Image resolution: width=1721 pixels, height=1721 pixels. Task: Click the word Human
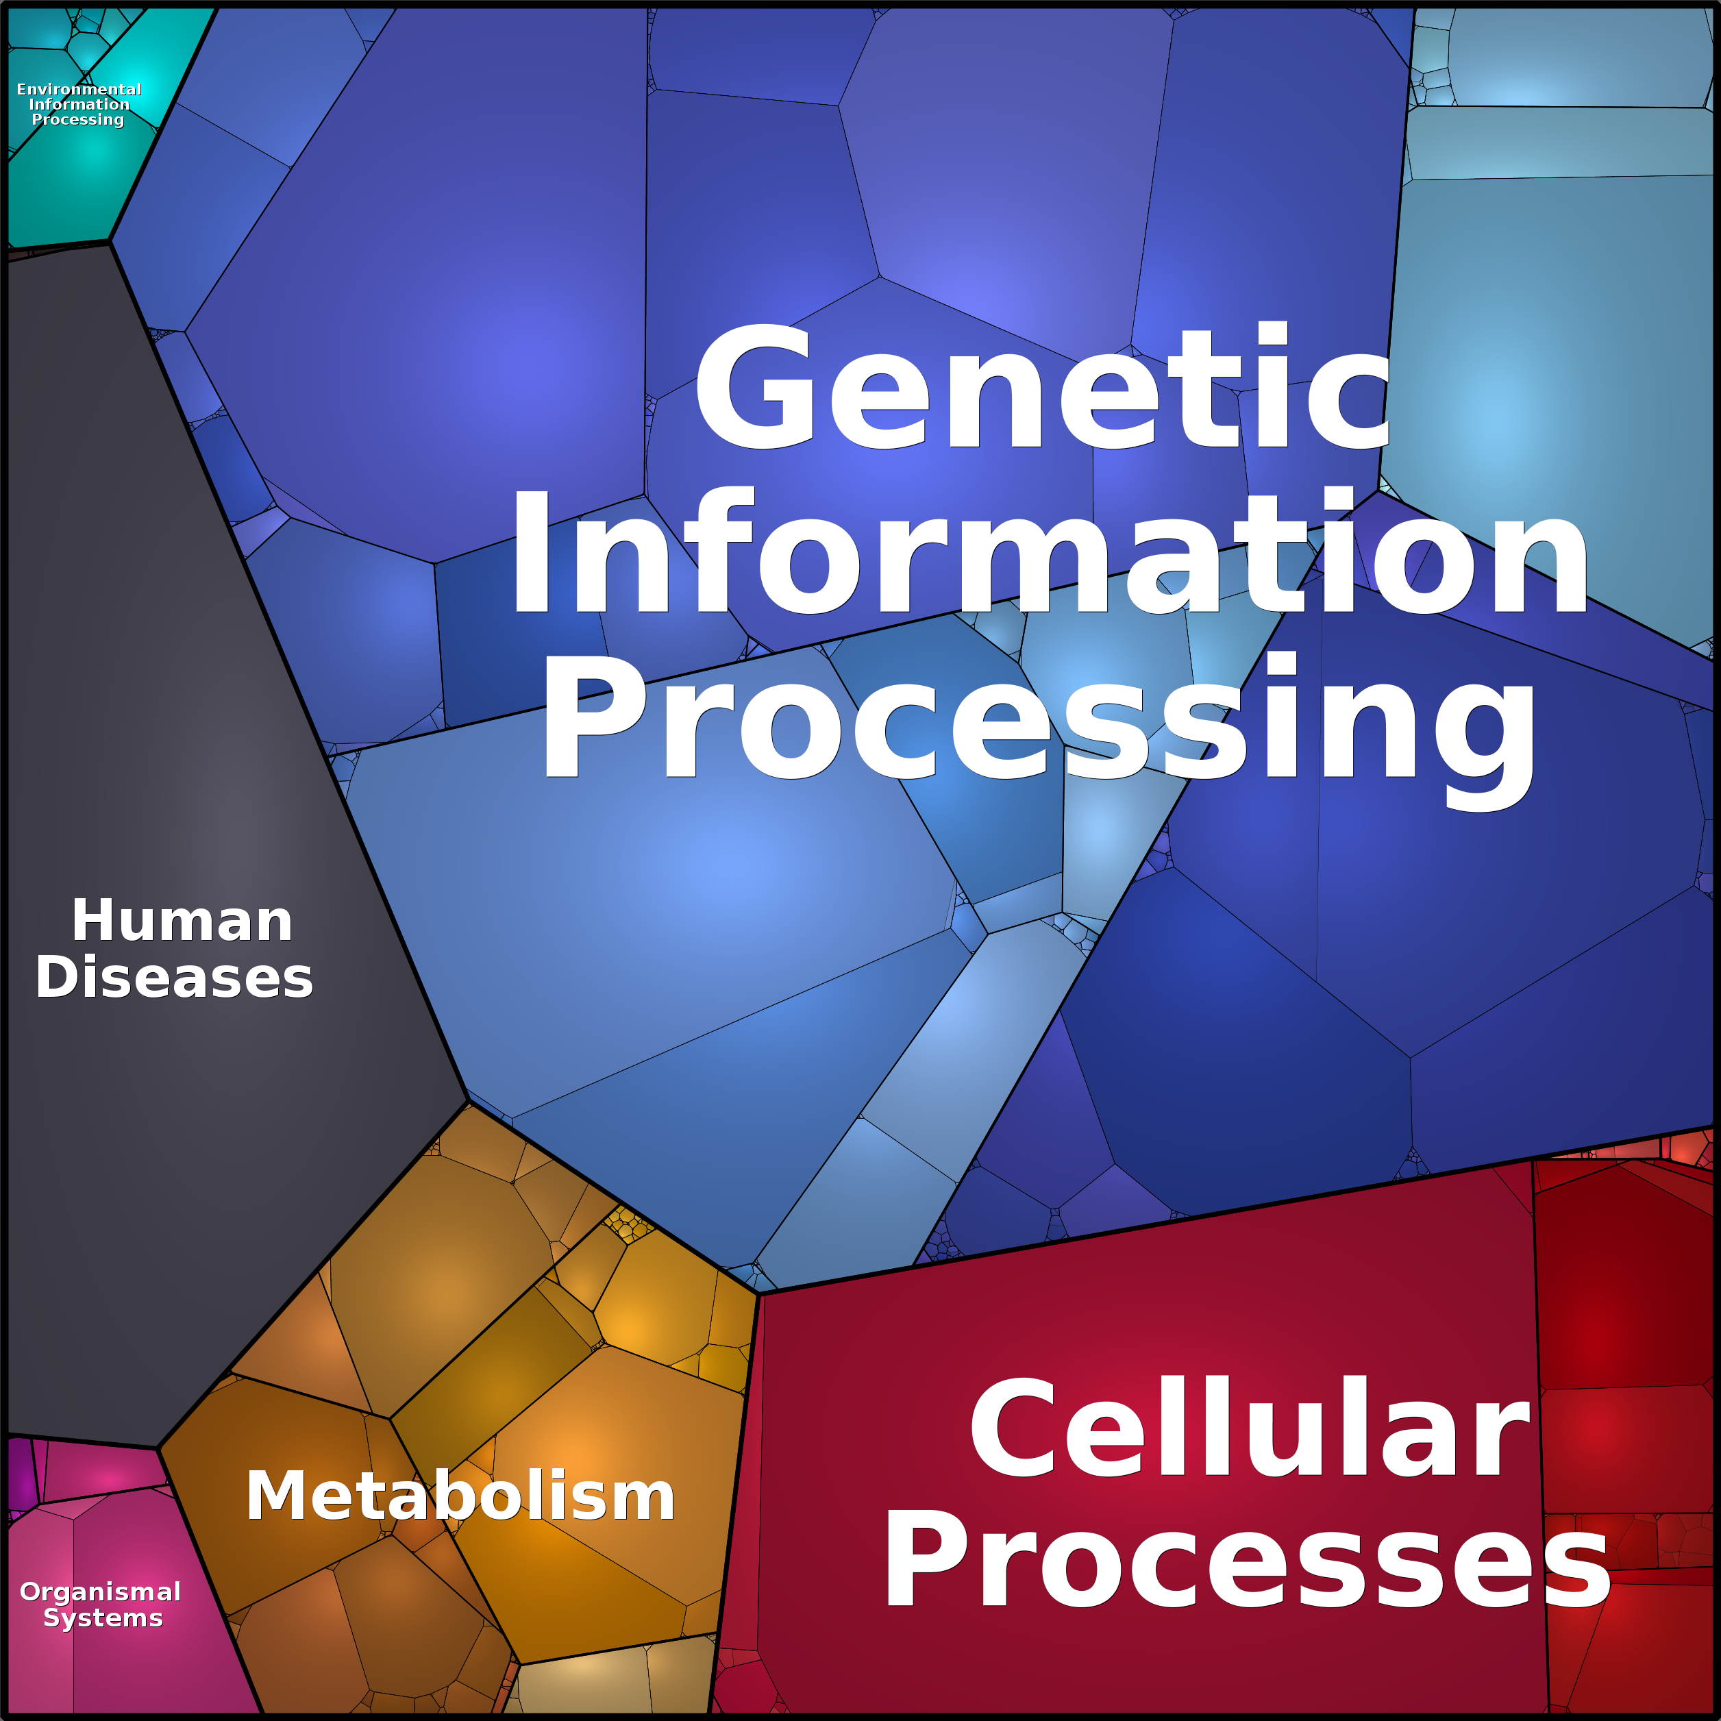click(x=182, y=920)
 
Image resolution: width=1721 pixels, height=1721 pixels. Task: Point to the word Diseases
click(x=175, y=977)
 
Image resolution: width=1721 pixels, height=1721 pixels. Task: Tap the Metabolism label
click(x=460, y=1496)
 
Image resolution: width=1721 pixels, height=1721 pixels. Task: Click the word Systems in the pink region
click(x=103, y=1618)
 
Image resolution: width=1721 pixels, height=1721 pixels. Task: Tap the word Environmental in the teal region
click(x=79, y=89)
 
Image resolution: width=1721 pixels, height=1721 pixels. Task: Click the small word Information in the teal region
click(x=79, y=104)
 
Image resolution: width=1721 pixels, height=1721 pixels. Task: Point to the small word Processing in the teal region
click(x=78, y=119)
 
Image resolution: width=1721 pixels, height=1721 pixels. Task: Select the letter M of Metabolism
click(x=272, y=1496)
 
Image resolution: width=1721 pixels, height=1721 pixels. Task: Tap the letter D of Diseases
click(x=56, y=977)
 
